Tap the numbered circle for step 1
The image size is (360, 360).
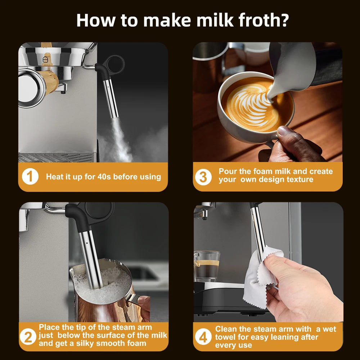point(30,176)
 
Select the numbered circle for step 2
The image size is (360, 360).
point(28,337)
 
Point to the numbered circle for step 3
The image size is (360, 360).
point(203,177)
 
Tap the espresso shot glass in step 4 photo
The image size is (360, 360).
point(206,266)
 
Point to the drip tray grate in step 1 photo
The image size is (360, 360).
point(56,157)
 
